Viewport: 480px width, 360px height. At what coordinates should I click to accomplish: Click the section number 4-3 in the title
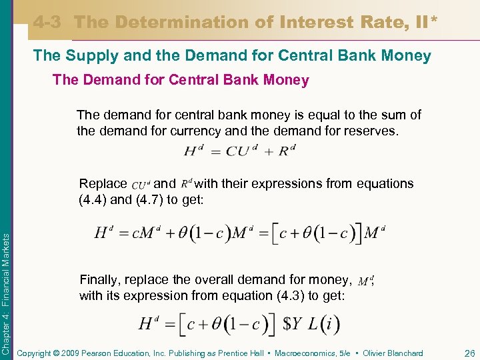(48, 22)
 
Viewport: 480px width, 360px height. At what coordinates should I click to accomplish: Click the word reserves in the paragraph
(367, 131)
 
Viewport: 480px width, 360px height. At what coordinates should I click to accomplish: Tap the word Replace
(103, 183)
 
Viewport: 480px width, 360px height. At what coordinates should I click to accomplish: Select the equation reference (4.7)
(150, 199)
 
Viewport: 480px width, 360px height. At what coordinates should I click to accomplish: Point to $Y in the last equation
(294, 325)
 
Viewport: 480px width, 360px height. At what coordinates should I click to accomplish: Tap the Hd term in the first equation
(194, 151)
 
